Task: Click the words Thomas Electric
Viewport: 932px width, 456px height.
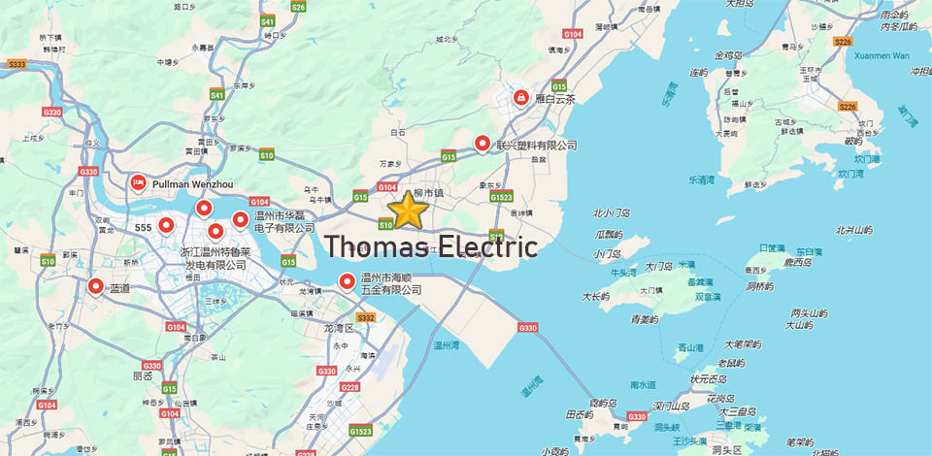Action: pos(431,245)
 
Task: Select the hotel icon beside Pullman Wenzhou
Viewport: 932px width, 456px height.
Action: pos(138,181)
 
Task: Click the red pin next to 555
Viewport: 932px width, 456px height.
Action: pos(166,226)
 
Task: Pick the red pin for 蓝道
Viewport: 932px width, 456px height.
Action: pos(95,286)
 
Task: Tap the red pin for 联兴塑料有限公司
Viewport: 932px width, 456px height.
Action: pos(483,144)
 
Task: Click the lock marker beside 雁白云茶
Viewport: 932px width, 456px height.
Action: pos(520,97)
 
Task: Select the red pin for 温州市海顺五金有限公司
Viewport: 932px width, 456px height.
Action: pos(347,281)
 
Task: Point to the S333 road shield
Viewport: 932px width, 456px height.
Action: pos(17,64)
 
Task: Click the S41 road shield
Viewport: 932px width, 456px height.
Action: pos(216,94)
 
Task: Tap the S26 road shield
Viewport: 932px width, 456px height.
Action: pos(298,7)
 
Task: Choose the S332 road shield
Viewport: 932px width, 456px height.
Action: pos(366,317)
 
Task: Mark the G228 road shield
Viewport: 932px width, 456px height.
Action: pos(349,388)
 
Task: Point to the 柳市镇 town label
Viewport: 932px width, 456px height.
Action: pos(429,193)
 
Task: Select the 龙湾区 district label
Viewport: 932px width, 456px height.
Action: pos(341,328)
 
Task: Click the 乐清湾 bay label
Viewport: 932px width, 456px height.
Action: pos(701,179)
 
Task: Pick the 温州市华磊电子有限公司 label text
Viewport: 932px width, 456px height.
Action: pos(284,221)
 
